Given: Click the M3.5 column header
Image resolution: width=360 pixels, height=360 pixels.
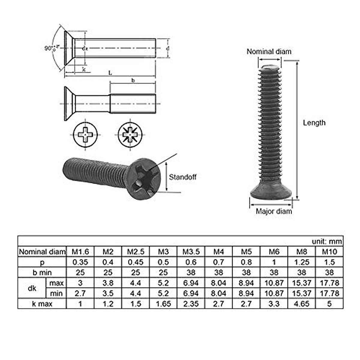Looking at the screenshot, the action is click(x=191, y=252).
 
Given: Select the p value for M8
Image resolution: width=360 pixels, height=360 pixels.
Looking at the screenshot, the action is click(x=301, y=262).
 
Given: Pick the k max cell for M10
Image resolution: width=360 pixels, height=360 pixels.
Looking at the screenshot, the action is click(x=329, y=304).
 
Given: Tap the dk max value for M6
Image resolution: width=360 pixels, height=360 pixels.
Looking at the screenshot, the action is click(x=274, y=283).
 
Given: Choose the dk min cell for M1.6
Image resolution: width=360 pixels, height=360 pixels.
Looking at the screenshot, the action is click(x=80, y=293).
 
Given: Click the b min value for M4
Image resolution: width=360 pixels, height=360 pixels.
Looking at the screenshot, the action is click(x=218, y=272).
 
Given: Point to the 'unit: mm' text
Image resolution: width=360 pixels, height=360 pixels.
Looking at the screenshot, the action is click(x=326, y=241).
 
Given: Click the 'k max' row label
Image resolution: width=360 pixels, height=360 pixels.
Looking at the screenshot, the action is click(x=42, y=304).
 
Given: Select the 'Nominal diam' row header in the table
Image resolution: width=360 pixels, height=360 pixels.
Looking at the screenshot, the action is click(x=42, y=252).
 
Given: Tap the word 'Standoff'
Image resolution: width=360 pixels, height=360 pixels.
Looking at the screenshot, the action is click(x=182, y=177).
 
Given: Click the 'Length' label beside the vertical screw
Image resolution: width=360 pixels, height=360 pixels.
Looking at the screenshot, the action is click(x=314, y=123).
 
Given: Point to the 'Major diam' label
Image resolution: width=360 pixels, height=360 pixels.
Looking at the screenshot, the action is click(x=274, y=211).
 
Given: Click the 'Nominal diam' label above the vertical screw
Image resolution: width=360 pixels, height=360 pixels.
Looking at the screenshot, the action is click(x=269, y=52).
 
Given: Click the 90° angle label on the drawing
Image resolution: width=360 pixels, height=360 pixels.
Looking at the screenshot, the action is click(x=50, y=48).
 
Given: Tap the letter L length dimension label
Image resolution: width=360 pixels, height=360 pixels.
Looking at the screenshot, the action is click(x=110, y=73).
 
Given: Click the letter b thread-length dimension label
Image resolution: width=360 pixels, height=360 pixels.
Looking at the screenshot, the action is click(x=133, y=80).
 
